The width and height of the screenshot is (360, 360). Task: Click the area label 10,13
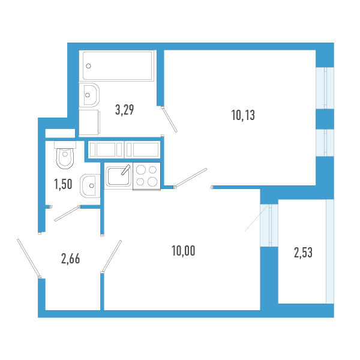(x=243, y=115)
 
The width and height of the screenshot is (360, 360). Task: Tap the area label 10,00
(x=184, y=251)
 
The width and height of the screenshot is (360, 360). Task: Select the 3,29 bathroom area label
(x=124, y=110)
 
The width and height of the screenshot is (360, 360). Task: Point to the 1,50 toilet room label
(x=63, y=184)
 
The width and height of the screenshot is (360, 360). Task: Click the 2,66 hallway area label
(x=70, y=259)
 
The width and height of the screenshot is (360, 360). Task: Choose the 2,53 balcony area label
(x=303, y=253)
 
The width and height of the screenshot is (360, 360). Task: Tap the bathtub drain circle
(x=88, y=66)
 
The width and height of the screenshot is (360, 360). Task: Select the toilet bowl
(x=65, y=155)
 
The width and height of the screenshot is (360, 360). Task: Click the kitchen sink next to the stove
(x=118, y=176)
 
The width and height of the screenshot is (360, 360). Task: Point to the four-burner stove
(x=146, y=176)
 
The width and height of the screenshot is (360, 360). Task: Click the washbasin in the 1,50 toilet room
(x=90, y=186)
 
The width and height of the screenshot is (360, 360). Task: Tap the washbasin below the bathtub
(x=89, y=95)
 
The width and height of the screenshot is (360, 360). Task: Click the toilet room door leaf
(x=67, y=213)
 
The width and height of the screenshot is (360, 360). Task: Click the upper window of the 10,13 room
(x=325, y=88)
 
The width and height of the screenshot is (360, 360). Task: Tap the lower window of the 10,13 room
(x=325, y=143)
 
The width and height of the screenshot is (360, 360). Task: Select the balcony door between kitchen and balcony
(x=269, y=225)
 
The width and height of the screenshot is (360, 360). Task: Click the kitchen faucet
(x=126, y=170)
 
